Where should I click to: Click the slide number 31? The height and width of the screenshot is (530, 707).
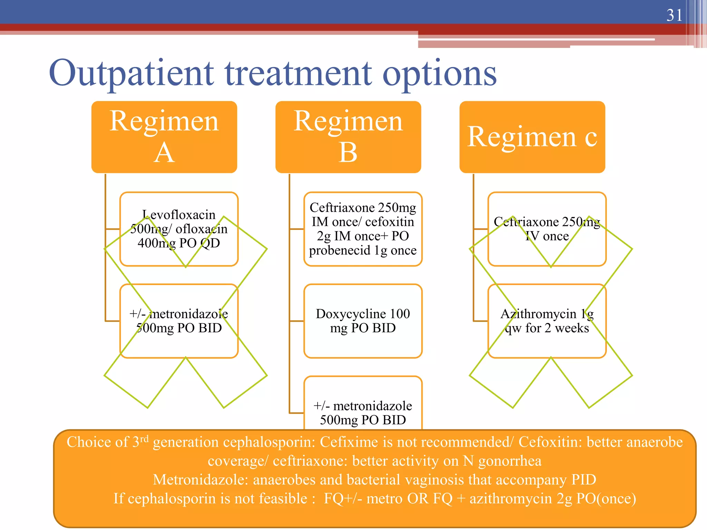point(674,15)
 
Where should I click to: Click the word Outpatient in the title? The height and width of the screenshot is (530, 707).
point(131,73)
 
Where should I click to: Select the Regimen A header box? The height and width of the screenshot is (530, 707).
point(164,137)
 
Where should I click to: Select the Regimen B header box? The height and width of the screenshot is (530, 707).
point(348,137)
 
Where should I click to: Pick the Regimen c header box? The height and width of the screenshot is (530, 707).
point(532,137)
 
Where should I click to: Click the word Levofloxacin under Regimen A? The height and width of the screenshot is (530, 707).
point(179,215)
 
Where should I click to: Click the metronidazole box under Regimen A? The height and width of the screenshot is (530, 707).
point(179,321)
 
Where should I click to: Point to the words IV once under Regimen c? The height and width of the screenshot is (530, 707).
point(547,236)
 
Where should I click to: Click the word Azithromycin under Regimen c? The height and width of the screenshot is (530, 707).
point(539,314)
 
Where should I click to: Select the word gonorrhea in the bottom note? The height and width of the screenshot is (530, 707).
point(510,461)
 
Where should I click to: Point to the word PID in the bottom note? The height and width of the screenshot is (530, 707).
point(584,480)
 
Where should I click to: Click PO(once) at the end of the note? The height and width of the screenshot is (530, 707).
point(606,499)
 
